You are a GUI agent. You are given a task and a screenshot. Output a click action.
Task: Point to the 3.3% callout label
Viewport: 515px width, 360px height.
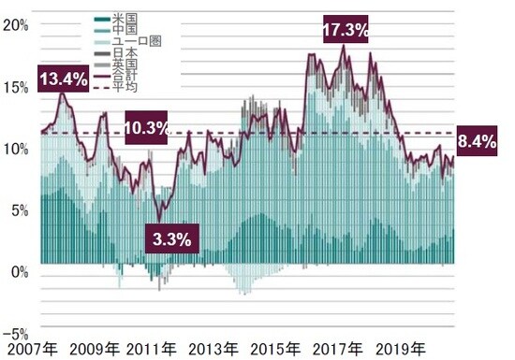click(170, 238)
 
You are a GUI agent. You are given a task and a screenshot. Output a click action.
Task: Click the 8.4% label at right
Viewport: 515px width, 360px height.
click(478, 142)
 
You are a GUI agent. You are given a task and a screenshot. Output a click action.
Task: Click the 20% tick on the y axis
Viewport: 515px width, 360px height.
click(16, 25)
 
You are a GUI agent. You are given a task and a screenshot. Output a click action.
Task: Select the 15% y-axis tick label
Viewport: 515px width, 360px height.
click(16, 87)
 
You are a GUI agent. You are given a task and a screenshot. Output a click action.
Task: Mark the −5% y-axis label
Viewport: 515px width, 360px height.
click(16, 334)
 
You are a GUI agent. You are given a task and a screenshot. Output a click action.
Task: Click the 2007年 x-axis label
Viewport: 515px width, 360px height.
click(32, 351)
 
